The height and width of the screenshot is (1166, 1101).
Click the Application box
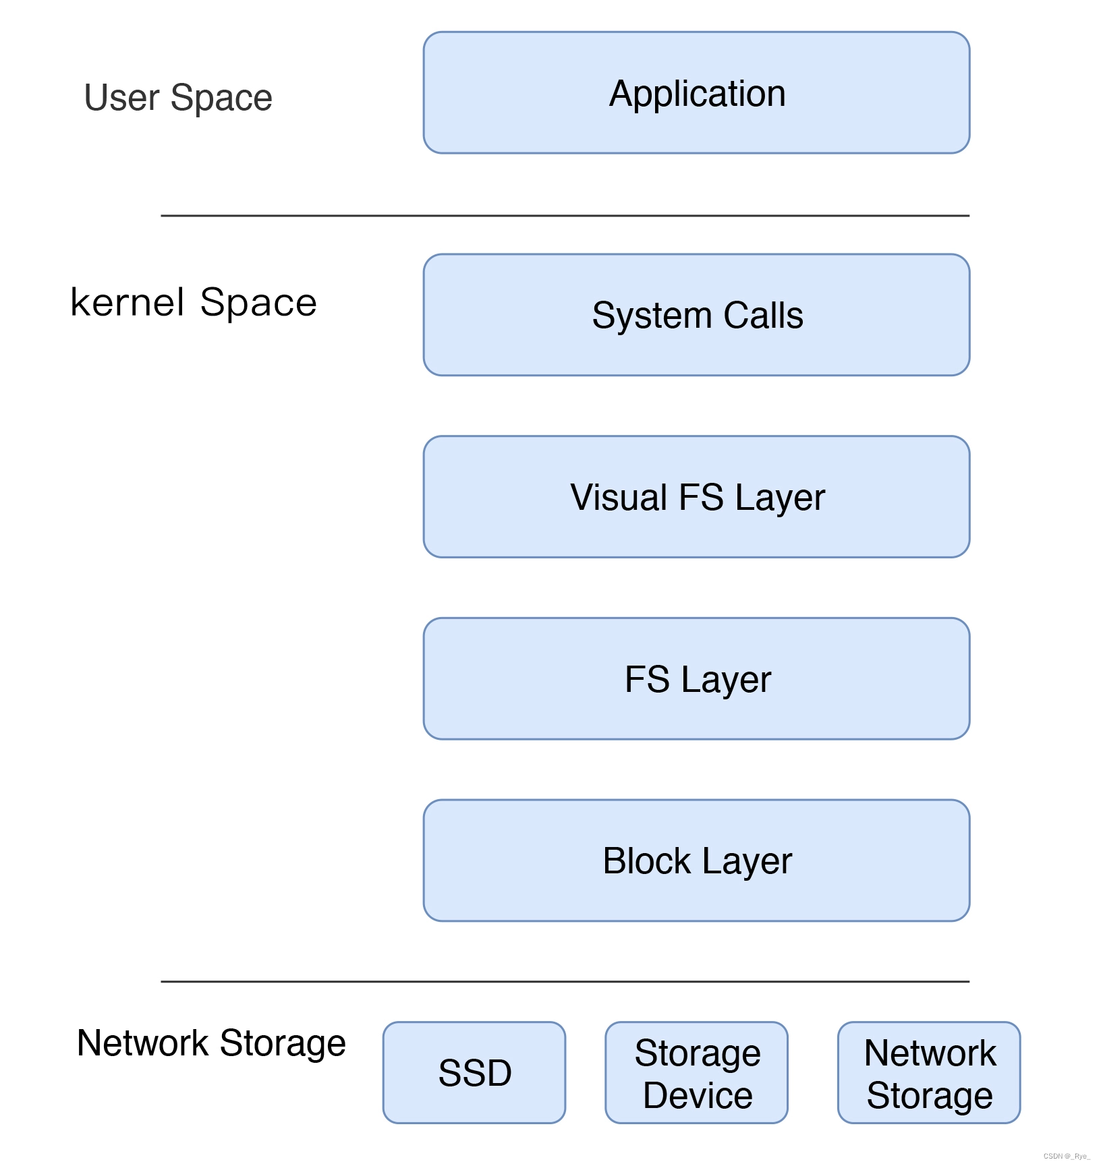click(x=696, y=92)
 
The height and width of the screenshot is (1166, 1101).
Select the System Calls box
click(x=696, y=315)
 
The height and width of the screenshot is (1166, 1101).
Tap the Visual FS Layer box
click(x=696, y=497)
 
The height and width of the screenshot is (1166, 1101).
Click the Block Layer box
click(x=696, y=861)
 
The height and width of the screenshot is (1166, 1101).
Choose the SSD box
click(x=474, y=1072)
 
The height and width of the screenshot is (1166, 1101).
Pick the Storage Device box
click(x=696, y=1072)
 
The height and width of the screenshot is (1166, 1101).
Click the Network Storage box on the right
click(x=928, y=1072)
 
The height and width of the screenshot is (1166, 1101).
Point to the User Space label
click(x=178, y=97)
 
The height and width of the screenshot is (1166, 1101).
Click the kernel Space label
click(x=194, y=301)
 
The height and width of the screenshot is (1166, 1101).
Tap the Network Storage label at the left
click(x=211, y=1043)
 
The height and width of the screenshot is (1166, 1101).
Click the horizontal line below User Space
click(x=565, y=216)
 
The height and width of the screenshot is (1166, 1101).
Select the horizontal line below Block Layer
click(x=565, y=981)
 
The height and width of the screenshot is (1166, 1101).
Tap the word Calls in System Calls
click(x=763, y=315)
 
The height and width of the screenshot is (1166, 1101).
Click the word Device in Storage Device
click(x=698, y=1095)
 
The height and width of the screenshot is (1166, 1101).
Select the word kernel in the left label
click(x=127, y=301)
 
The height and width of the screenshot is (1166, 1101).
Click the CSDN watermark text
click(x=1066, y=1156)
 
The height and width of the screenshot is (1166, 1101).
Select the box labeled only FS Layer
click(x=696, y=678)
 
